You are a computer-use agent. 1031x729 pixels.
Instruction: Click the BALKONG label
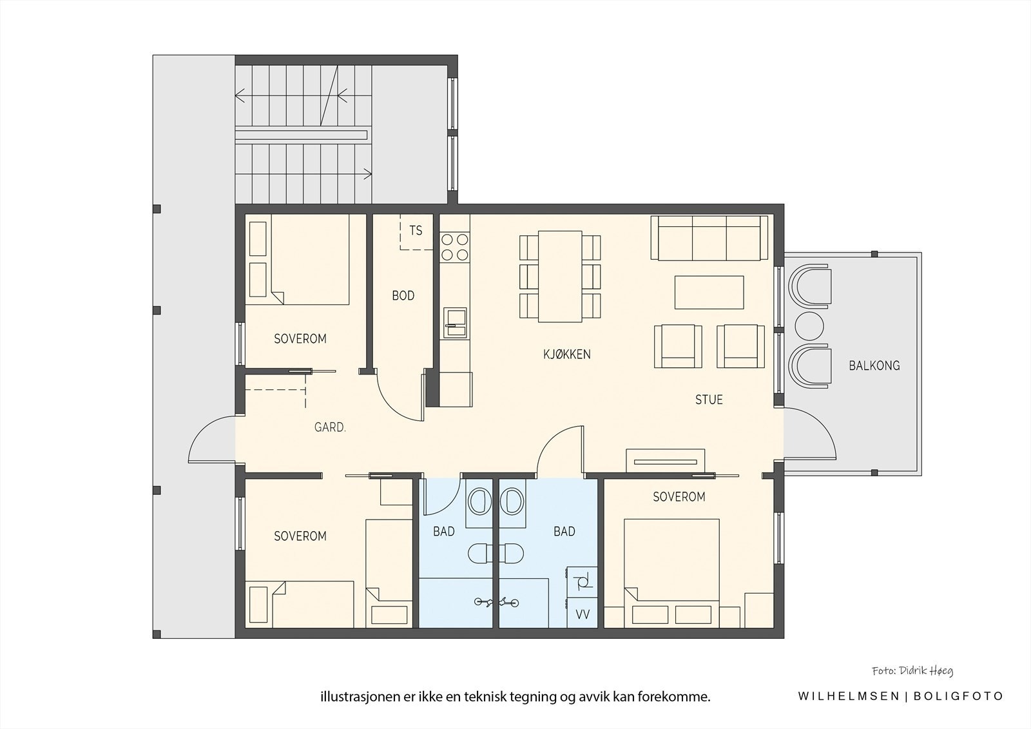point(874,365)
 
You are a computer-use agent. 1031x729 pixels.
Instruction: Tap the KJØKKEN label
point(566,354)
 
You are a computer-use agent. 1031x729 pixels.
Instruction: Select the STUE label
point(709,400)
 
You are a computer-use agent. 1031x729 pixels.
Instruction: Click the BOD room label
point(403,296)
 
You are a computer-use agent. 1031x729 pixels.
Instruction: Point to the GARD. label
point(330,427)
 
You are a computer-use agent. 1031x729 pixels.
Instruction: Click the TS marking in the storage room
point(416,230)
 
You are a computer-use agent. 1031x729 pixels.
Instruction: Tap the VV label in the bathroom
point(583,614)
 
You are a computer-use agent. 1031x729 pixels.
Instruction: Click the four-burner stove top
point(454,247)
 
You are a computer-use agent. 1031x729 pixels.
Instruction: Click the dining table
point(560,277)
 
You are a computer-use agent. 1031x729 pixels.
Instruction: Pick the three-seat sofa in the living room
point(709,238)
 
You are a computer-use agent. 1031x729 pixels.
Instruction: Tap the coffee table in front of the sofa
point(709,292)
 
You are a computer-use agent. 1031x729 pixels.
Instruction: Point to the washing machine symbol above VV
point(583,582)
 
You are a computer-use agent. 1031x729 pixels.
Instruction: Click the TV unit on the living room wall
point(665,460)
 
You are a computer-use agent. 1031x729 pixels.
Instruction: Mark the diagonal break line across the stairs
point(329,96)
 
